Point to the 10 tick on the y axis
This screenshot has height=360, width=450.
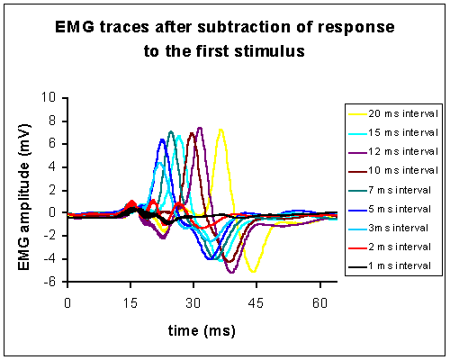(49, 97)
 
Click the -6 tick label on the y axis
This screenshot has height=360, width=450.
(49, 282)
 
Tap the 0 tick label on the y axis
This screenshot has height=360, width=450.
(52, 212)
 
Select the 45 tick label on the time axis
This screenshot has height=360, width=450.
(256, 303)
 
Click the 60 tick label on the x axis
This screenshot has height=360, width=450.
(319, 303)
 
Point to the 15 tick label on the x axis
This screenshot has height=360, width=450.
(130, 303)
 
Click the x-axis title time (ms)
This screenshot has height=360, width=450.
(202, 330)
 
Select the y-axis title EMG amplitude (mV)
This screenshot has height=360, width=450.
(24, 197)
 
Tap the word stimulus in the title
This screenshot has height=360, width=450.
(269, 51)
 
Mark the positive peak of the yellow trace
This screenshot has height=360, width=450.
(220, 130)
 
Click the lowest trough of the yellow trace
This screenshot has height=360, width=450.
(254, 272)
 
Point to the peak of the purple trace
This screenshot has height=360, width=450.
(200, 128)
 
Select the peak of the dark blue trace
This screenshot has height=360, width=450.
(162, 139)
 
